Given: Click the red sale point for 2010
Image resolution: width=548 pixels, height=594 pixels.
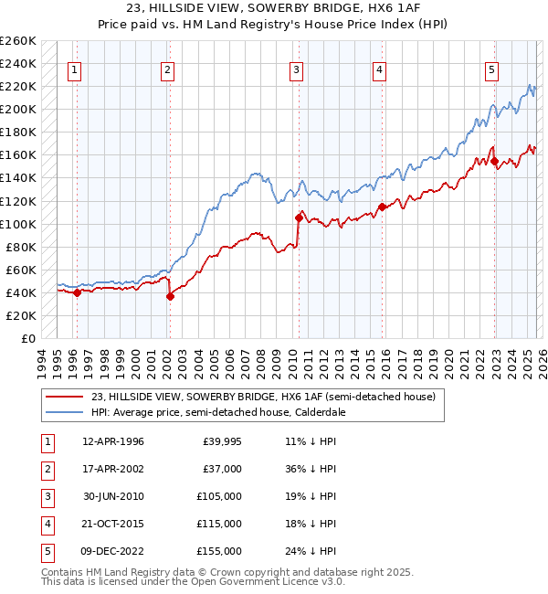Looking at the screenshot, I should click(x=299, y=217).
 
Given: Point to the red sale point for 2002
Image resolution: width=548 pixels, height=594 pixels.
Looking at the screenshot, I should click(x=170, y=295).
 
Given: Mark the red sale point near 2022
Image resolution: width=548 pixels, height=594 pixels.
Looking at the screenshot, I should click(x=494, y=161).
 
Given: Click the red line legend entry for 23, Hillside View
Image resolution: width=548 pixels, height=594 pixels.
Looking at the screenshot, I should click(x=265, y=397).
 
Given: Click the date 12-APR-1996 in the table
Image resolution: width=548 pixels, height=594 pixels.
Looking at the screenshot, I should click(x=112, y=441).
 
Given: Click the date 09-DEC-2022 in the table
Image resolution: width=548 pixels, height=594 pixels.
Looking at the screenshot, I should click(x=113, y=551).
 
